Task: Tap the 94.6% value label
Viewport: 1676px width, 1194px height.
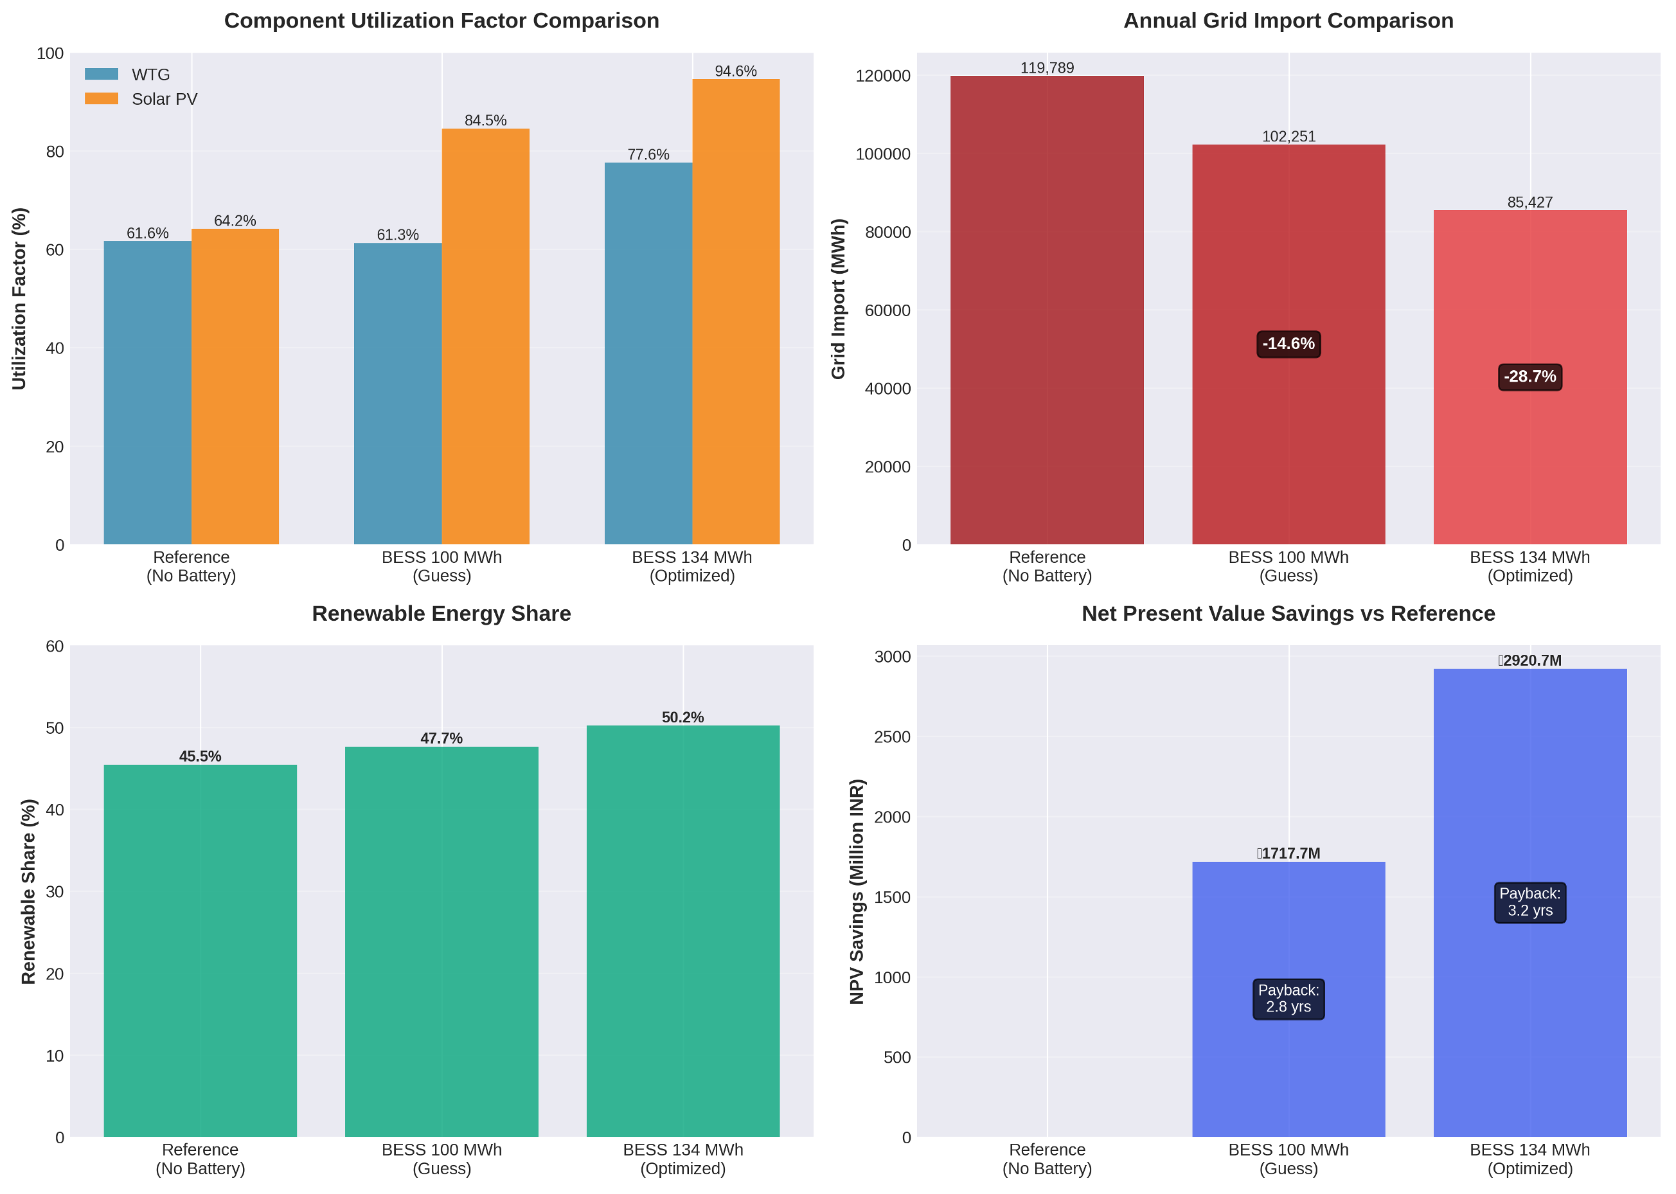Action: [735, 71]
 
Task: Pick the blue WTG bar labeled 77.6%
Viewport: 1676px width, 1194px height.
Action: [648, 353]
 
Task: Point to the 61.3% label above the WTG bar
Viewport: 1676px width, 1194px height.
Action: [398, 235]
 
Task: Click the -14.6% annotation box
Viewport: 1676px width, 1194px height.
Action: [1288, 344]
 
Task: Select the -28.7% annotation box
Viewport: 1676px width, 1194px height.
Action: [1529, 377]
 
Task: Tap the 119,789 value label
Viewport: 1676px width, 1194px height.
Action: [1047, 68]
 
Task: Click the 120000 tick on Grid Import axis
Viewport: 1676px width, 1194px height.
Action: [883, 76]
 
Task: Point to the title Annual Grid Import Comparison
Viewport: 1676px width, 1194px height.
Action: [1288, 21]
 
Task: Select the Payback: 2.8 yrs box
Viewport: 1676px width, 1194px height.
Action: [1288, 999]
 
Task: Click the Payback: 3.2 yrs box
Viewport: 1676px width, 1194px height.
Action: [1529, 902]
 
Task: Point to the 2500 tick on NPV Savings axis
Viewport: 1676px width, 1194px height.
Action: [892, 736]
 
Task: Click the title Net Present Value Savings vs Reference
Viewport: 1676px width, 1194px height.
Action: [1288, 614]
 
